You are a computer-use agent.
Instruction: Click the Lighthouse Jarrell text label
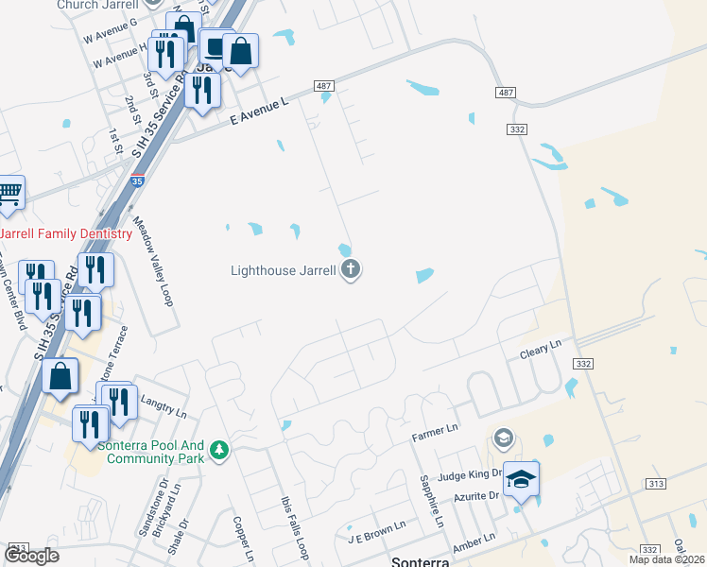(x=284, y=270)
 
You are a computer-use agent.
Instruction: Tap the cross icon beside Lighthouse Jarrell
(x=351, y=270)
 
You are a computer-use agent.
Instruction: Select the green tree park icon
(x=220, y=449)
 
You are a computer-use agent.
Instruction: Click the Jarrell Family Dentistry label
(x=66, y=233)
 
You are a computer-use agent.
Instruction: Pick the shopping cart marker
(x=9, y=194)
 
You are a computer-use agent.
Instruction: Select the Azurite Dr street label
(x=474, y=495)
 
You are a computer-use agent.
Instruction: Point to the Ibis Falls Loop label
(x=295, y=524)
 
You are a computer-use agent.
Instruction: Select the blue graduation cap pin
(x=521, y=479)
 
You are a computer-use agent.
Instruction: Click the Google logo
(x=32, y=556)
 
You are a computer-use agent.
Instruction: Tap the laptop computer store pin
(x=216, y=47)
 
